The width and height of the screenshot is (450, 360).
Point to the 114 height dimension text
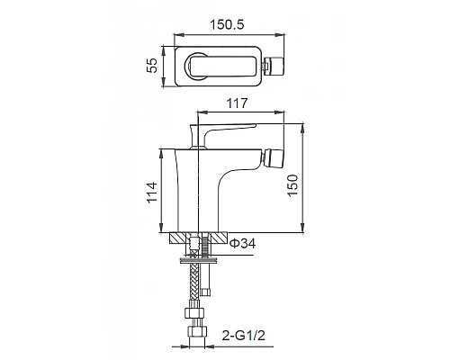[x=152, y=191]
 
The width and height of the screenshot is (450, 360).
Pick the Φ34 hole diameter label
[x=244, y=244]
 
